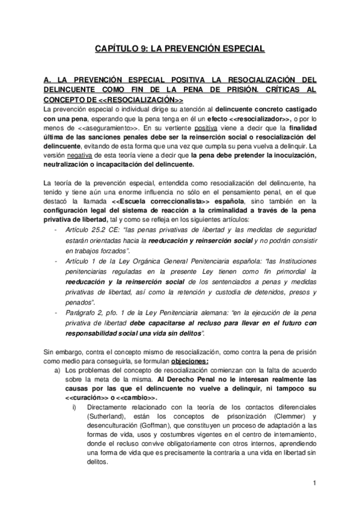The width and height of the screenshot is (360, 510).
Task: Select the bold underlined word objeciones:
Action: (x=190, y=361)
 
